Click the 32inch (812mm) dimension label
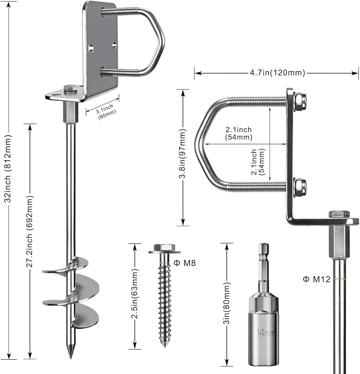click(x=8, y=169)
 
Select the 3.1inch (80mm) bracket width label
click(x=106, y=111)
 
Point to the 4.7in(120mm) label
click(x=277, y=73)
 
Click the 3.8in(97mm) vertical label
click(x=182, y=154)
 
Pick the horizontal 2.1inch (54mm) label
click(x=239, y=133)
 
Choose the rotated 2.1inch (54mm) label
click(x=258, y=162)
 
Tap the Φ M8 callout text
click(x=185, y=263)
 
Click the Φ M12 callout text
click(x=317, y=279)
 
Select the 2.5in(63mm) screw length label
click(x=135, y=293)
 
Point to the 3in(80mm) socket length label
click(x=226, y=303)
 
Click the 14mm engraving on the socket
click(x=266, y=333)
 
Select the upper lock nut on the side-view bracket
click(x=300, y=102)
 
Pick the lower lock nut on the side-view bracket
click(x=300, y=187)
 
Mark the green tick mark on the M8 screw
click(x=164, y=263)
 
